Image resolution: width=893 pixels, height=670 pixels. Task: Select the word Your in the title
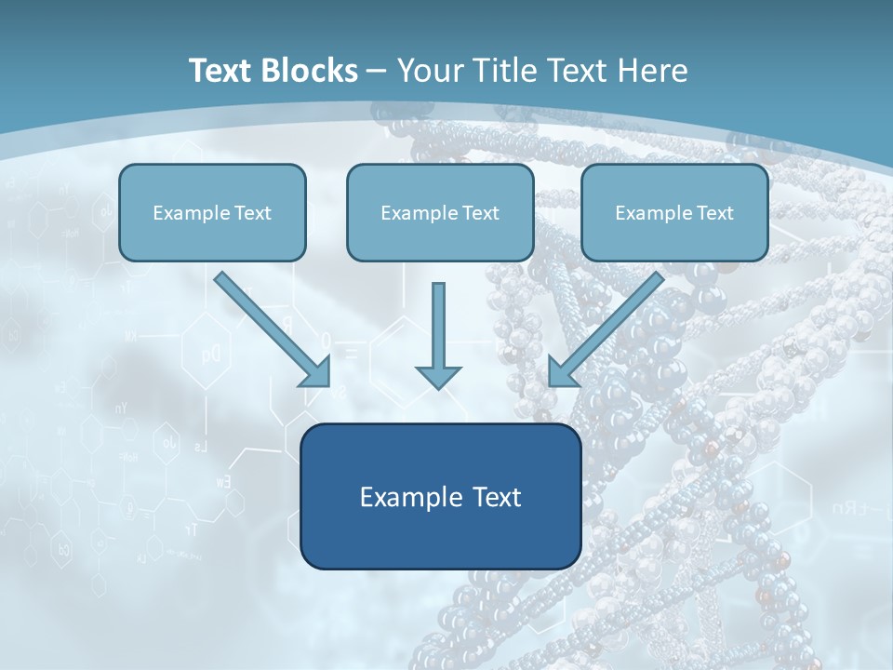click(428, 71)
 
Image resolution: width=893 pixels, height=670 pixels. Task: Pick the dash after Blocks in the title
click(377, 72)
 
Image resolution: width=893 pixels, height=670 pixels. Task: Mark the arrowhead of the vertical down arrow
click(438, 376)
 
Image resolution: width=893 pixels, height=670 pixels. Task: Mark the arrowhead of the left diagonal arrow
click(316, 372)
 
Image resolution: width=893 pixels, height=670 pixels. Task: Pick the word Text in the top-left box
click(253, 213)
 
